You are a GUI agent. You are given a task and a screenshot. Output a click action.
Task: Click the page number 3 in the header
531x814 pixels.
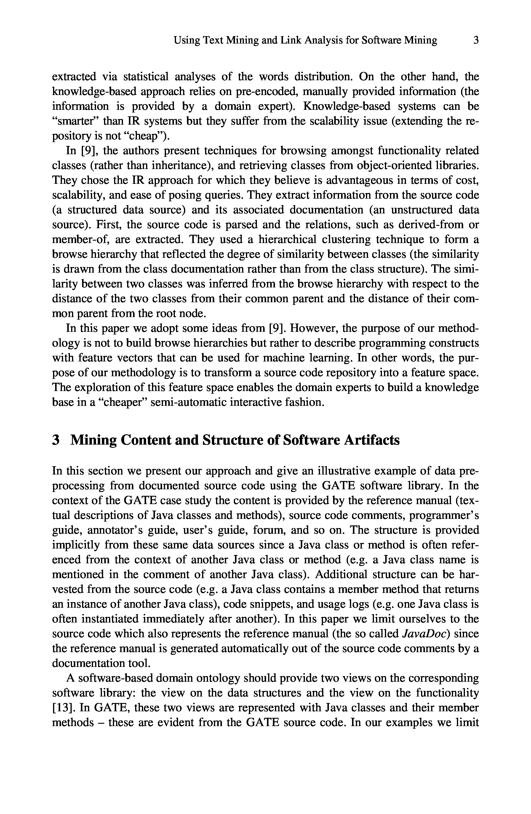476,40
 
